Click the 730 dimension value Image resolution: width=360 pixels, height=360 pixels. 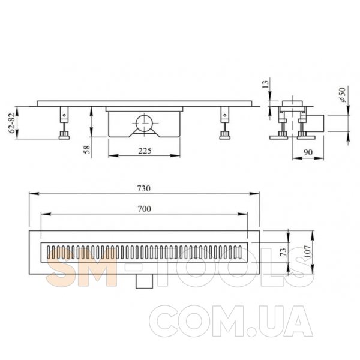point(144,188)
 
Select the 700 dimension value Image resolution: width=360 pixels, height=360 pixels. point(145,209)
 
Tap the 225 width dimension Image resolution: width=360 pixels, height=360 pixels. point(145,151)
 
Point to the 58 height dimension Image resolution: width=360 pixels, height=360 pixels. point(87,149)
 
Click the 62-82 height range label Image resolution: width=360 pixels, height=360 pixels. point(12,123)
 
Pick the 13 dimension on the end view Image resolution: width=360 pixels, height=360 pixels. point(265,84)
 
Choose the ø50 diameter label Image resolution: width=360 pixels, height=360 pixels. point(342,95)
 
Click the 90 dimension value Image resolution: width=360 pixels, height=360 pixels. point(308,152)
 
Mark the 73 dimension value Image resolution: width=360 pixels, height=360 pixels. point(284,252)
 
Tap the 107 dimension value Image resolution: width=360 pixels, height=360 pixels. point(308,251)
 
